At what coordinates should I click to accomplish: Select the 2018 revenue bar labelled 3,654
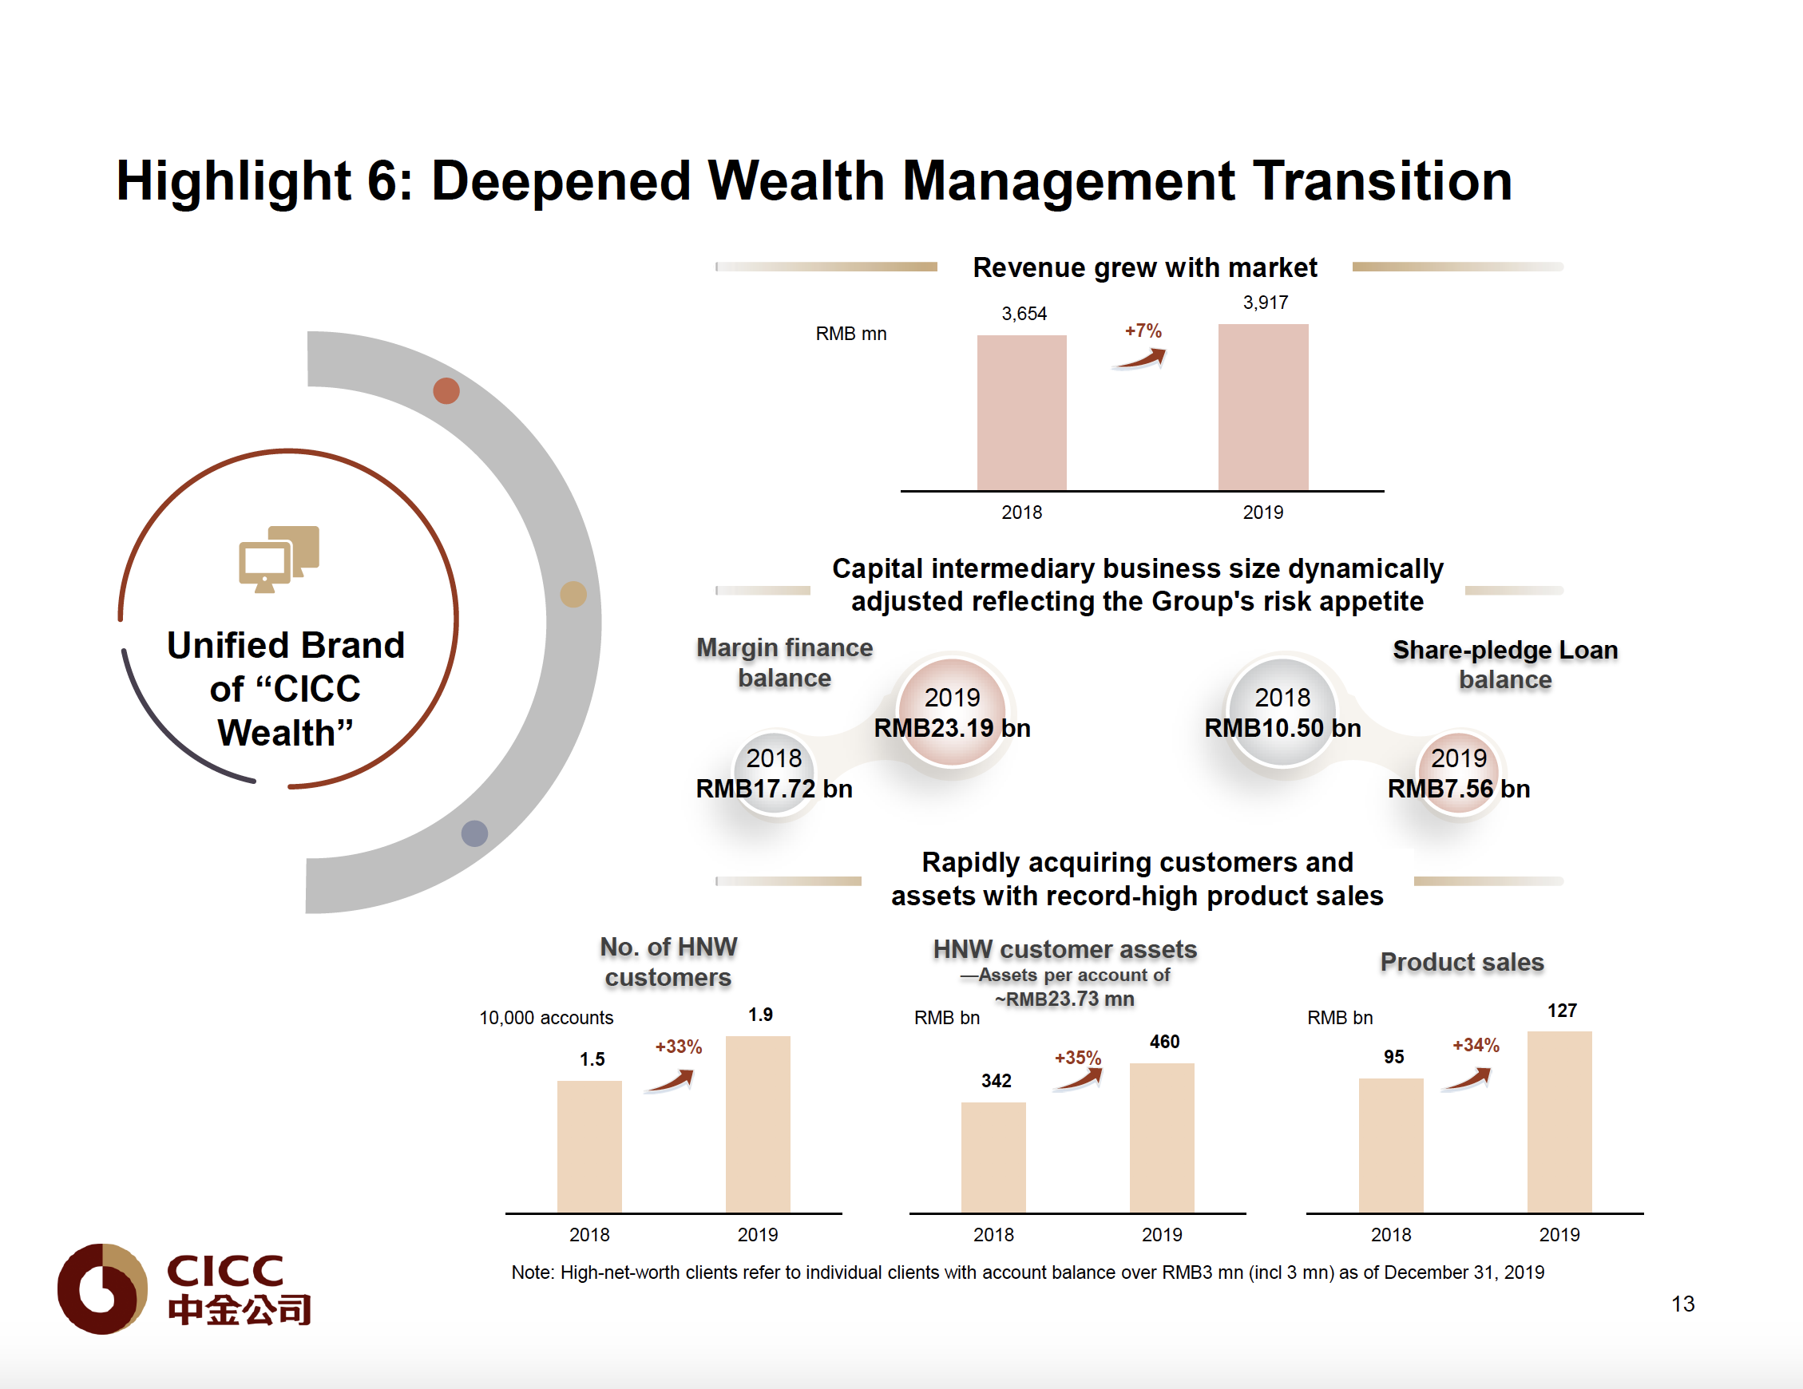(1021, 413)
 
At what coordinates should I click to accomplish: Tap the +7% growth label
(1143, 331)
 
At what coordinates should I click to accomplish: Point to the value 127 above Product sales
(1561, 1011)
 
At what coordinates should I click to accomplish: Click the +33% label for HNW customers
(678, 1047)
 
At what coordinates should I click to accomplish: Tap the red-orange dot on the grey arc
(446, 390)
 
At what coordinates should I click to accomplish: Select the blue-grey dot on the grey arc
(474, 833)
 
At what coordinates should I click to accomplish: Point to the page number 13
(1682, 1304)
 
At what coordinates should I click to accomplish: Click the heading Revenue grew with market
(1144, 267)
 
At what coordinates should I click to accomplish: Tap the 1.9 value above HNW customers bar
(760, 1015)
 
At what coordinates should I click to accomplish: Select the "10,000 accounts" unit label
(545, 1018)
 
